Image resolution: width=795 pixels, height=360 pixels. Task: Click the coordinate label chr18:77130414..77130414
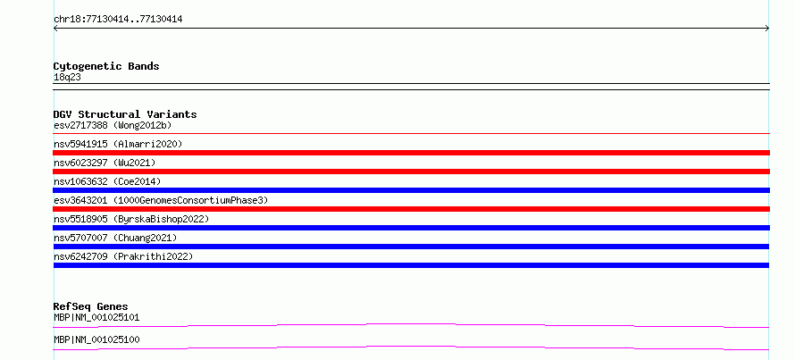tap(118, 20)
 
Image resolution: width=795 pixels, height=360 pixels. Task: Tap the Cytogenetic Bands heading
tap(106, 66)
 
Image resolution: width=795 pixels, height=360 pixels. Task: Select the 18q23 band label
tap(67, 78)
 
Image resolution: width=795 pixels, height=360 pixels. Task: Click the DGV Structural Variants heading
tap(125, 114)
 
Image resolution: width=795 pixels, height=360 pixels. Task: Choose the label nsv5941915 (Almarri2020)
tap(118, 144)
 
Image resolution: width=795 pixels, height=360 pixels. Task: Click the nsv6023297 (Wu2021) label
tap(105, 163)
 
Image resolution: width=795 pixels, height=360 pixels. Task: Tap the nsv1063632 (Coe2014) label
tap(107, 181)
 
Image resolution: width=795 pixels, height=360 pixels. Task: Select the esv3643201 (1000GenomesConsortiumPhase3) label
tap(161, 200)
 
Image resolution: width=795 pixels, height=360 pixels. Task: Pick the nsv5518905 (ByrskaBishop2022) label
tap(131, 219)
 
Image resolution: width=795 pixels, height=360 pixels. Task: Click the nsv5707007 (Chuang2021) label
tap(115, 238)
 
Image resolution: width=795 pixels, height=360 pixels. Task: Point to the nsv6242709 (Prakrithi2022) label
tap(123, 256)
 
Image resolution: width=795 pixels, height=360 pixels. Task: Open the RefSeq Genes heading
tap(91, 306)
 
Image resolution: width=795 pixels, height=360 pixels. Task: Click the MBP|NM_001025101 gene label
tap(96, 317)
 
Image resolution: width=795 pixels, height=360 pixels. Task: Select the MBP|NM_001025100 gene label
tap(96, 339)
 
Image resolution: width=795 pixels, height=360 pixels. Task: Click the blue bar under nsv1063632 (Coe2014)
tap(411, 190)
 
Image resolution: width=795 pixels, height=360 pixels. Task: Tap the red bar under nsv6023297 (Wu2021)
tap(411, 172)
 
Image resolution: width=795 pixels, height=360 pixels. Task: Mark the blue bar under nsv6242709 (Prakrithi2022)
tap(411, 265)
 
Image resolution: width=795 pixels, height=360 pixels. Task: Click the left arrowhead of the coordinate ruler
tap(54, 29)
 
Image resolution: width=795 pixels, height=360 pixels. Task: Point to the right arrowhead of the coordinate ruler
tap(768, 29)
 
